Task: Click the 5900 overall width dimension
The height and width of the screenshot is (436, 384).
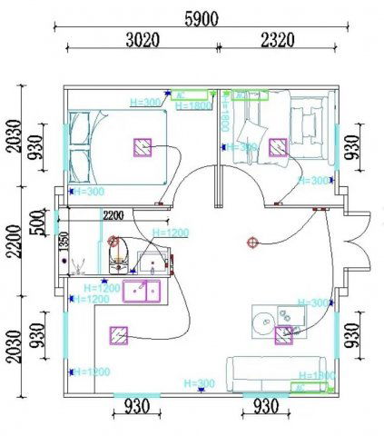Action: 201,18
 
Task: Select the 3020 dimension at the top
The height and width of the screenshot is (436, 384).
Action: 140,39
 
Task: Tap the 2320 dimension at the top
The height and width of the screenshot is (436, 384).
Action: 281,39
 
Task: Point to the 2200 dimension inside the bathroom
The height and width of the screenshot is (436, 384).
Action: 113,215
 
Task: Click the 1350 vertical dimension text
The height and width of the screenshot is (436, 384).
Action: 64,242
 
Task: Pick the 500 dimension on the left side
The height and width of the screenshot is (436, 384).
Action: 36,221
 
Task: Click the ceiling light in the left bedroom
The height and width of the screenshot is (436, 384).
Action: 142,147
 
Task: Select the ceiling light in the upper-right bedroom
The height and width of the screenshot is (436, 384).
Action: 276,145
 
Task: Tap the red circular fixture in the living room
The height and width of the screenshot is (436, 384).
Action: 252,242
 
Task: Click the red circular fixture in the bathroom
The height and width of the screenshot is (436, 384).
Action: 113,242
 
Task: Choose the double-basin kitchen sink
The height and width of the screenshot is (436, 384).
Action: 141,291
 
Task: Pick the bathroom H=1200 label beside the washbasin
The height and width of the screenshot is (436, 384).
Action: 170,233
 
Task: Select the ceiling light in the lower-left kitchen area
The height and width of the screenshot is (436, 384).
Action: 118,335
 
